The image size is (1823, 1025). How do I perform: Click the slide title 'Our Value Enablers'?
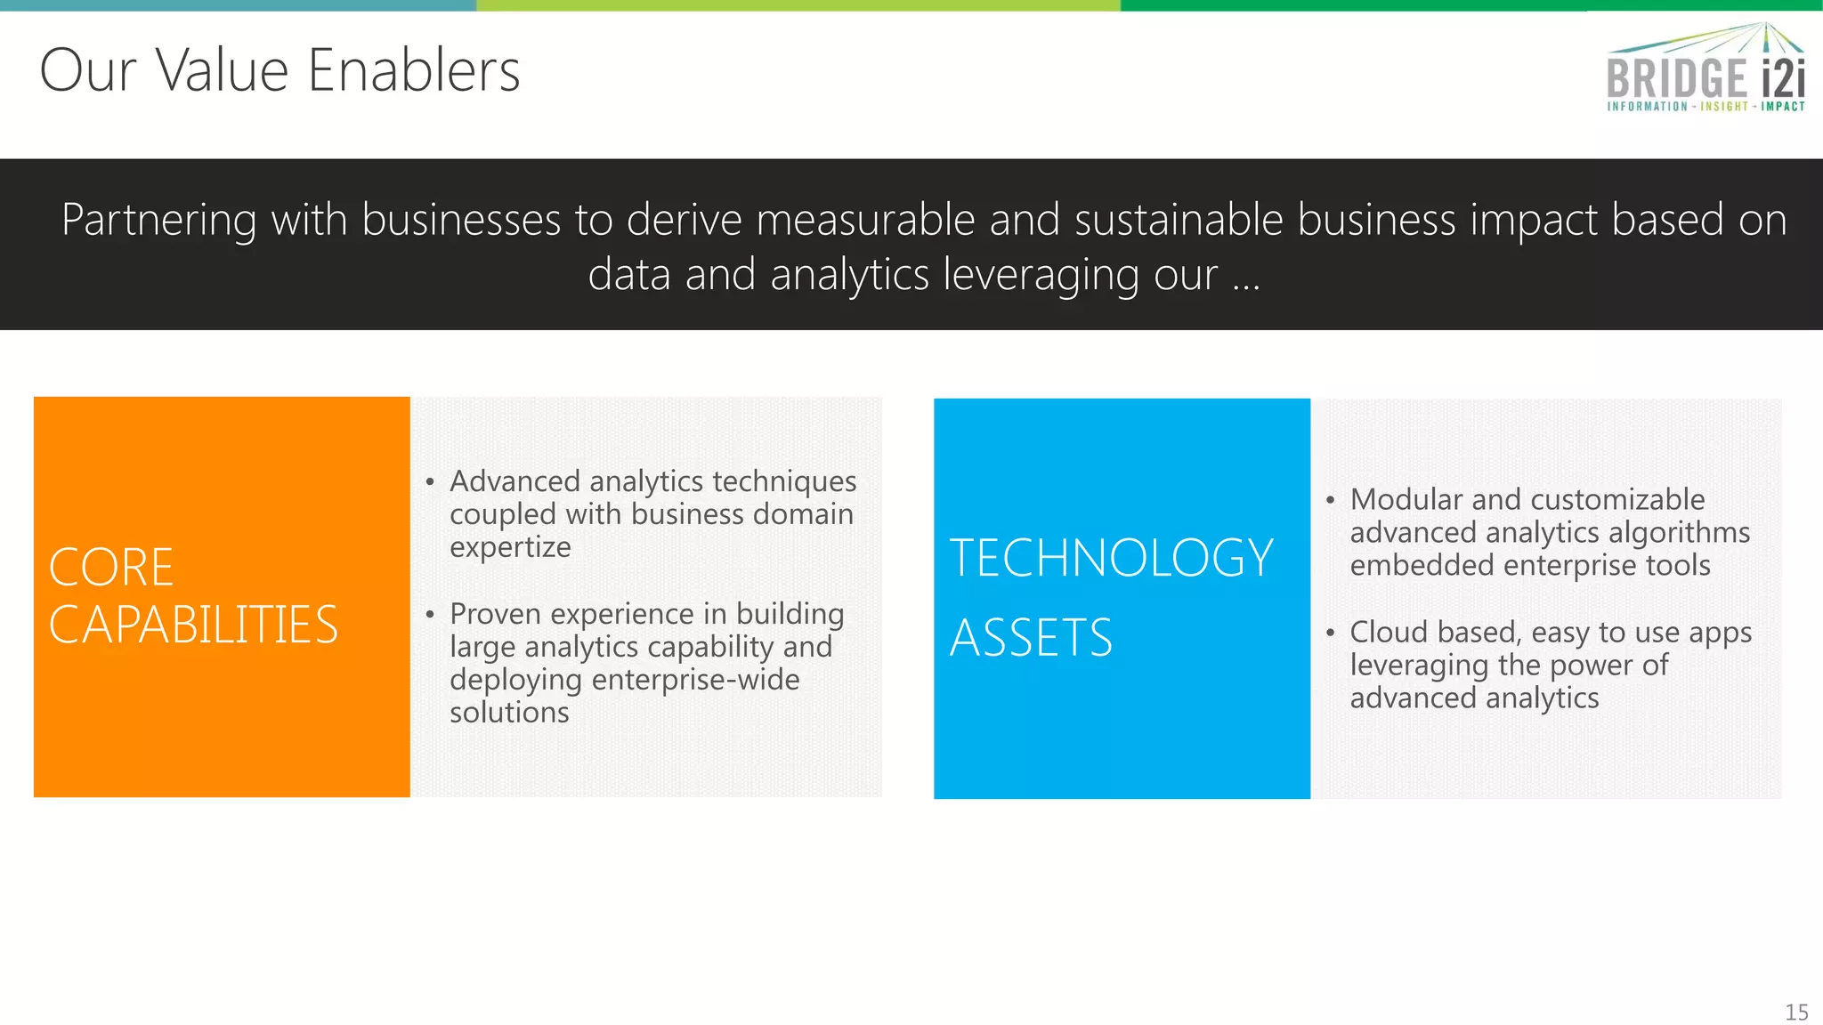(280, 70)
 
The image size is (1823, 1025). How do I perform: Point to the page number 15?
(1796, 1013)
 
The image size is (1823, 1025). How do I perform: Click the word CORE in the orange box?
(111, 568)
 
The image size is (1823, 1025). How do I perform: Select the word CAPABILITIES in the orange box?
(193, 625)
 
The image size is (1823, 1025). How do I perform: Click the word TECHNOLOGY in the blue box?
(1111, 559)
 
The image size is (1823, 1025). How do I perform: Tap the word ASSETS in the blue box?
(1031, 638)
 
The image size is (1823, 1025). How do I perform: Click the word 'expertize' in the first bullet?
(510, 547)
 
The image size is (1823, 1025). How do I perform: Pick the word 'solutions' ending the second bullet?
(509, 713)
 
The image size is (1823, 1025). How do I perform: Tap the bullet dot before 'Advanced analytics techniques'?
(430, 483)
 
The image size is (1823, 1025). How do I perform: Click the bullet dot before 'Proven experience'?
(430, 615)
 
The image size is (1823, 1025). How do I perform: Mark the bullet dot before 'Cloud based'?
(1330, 634)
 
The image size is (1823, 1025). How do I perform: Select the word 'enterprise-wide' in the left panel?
(695, 680)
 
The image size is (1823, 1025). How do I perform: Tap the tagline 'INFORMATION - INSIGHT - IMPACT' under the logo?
(1706, 107)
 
